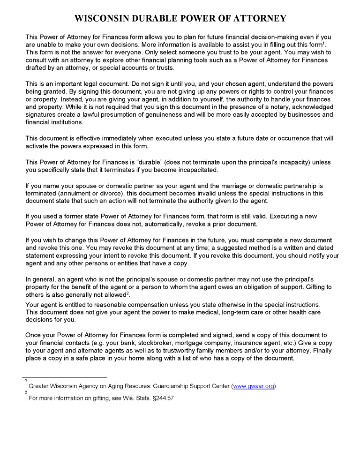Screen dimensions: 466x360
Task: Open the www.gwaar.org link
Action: click(x=254, y=386)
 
